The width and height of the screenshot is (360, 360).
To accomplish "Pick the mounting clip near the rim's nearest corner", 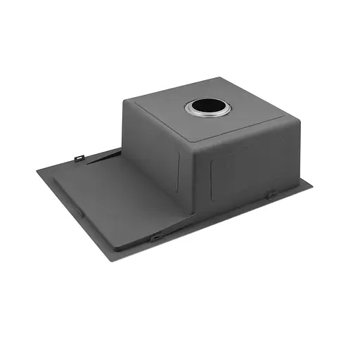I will [156, 237].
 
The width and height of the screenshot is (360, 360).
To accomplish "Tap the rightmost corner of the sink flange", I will [314, 186].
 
